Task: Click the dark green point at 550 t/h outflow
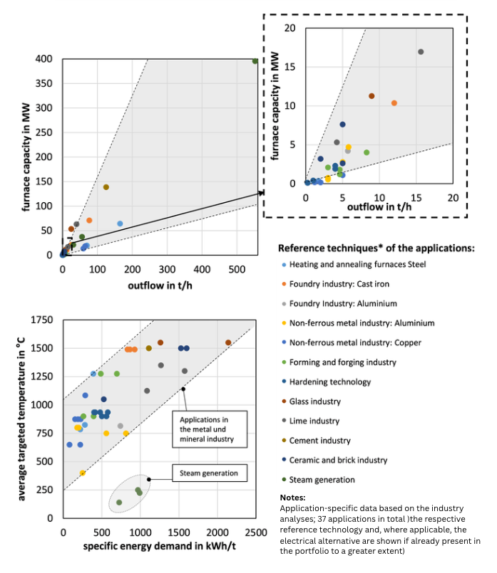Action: pos(255,61)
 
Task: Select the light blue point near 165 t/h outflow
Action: pos(120,224)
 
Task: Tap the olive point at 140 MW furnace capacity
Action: pos(106,187)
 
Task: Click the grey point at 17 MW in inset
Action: pos(421,52)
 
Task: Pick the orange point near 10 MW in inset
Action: pos(394,103)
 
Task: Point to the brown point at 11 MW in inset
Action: pos(372,96)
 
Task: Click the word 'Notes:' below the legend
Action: pos(294,498)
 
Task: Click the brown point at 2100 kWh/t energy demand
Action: pos(228,342)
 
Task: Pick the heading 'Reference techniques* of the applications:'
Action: pos(376,248)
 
